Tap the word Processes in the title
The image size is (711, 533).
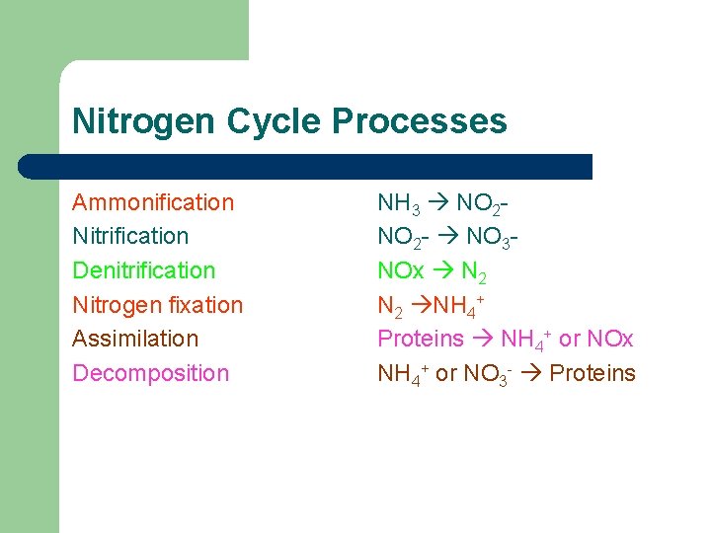point(420,121)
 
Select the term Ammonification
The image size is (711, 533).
point(153,202)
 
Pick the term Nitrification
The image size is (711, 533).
point(130,236)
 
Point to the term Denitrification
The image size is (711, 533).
point(143,270)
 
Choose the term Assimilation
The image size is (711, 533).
point(135,339)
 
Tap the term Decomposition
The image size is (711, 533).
point(150,373)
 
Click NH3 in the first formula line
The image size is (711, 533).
point(398,204)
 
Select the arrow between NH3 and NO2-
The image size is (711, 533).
point(438,204)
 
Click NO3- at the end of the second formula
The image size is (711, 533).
point(493,238)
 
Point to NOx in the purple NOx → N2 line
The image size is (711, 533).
point(401,271)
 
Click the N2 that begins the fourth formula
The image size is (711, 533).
point(389,306)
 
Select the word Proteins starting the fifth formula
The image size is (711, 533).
point(421,339)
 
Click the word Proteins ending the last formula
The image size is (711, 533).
point(592,373)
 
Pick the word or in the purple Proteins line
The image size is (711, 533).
point(569,339)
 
